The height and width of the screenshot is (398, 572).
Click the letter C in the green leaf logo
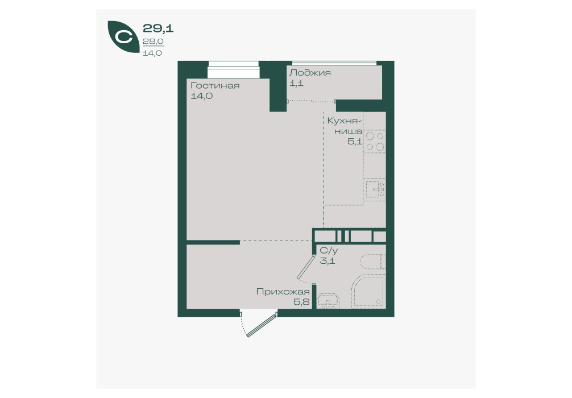point(123,37)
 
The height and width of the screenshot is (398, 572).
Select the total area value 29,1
point(158,28)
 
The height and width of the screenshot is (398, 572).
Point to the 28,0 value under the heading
point(153,42)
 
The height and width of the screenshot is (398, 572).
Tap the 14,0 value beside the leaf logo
point(152,53)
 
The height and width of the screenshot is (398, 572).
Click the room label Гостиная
point(215,86)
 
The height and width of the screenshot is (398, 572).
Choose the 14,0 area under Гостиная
point(202,96)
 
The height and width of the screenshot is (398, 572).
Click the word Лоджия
point(310,73)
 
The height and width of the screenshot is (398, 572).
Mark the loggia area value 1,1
point(296,83)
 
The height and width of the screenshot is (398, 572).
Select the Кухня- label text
point(345,121)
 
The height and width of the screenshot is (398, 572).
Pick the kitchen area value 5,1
point(355,142)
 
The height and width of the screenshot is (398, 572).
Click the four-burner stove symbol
point(375,142)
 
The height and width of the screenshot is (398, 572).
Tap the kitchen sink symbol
point(375,189)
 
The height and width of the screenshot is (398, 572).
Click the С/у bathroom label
point(329,251)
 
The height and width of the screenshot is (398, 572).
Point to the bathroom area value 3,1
point(327,261)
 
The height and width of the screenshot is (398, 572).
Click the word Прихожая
point(283,292)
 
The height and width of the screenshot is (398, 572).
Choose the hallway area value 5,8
point(301,302)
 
